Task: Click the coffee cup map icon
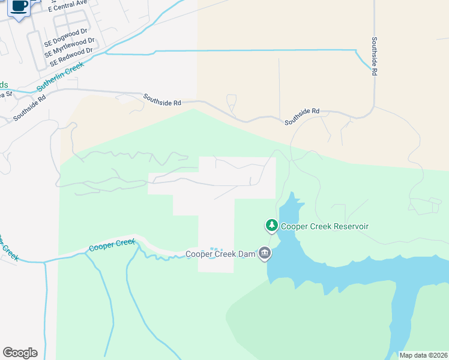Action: [x=19, y=6]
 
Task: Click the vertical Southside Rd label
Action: [x=374, y=56]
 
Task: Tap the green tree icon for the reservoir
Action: [x=272, y=226]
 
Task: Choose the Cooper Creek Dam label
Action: [x=220, y=254]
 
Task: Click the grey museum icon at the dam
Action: [x=265, y=254]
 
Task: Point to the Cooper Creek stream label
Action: [x=112, y=245]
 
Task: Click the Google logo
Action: [x=20, y=353]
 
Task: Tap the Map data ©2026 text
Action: [x=424, y=355]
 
